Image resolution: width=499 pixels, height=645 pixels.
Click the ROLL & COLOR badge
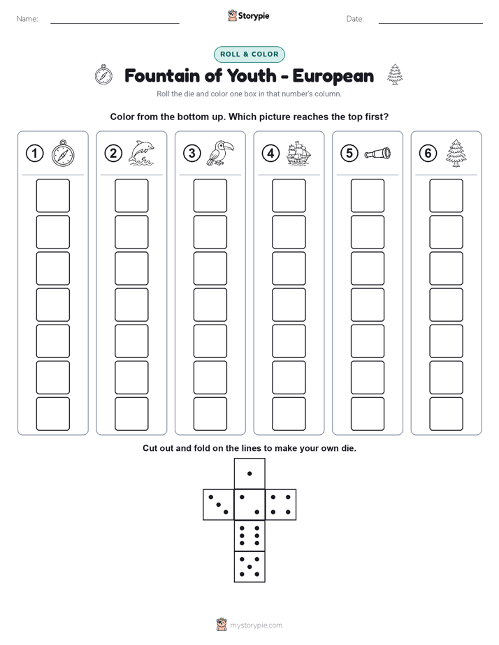[249, 54]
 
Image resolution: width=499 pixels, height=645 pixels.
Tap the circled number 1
[34, 154]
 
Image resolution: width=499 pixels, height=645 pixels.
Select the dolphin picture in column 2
[141, 153]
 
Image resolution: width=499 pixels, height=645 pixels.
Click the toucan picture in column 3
[220, 153]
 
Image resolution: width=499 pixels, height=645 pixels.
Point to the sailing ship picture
[298, 153]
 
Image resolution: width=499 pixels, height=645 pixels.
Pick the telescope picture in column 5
[377, 154]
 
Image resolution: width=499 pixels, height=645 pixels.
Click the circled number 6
[428, 154]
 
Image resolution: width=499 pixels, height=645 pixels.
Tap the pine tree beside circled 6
[456, 153]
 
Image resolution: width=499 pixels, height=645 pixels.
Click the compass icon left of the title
[103, 75]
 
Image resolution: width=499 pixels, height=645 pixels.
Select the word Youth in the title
[252, 75]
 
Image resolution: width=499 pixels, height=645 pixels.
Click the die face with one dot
[249, 474]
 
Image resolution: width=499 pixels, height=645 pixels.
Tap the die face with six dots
[249, 536]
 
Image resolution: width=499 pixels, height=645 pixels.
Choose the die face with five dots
[249, 567]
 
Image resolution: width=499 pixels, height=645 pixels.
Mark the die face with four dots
[281, 505]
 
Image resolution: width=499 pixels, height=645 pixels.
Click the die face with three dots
[219, 505]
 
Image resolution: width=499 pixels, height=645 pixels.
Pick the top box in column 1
[53, 195]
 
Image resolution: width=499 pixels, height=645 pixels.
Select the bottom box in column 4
[289, 414]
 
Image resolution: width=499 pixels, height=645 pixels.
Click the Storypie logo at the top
[248, 15]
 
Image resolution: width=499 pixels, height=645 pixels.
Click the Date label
[355, 19]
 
